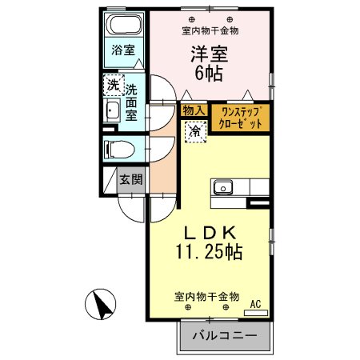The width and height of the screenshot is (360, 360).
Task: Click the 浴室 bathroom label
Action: tap(122, 50)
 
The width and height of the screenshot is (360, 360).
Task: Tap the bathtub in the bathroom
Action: tap(123, 25)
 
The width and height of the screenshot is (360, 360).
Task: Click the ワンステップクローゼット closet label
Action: tap(241, 118)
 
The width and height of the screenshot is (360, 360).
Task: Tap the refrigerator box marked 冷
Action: tap(194, 131)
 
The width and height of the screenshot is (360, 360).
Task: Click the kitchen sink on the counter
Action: tap(222, 187)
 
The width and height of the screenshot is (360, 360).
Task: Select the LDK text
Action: tap(209, 232)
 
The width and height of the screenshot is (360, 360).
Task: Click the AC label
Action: tap(256, 303)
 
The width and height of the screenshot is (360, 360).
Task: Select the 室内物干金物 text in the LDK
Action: tap(206, 296)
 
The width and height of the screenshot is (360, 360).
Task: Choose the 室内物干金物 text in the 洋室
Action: tap(210, 30)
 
